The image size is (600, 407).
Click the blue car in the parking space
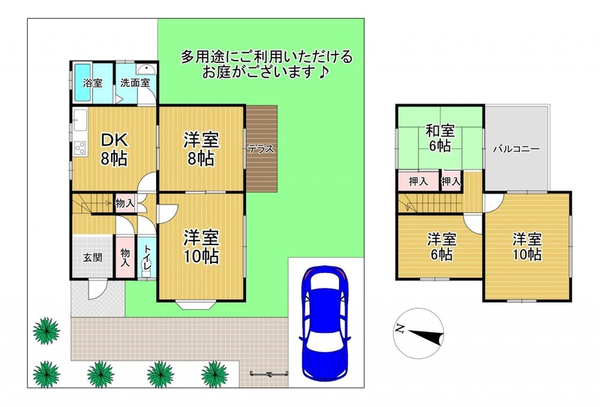[x=325, y=323]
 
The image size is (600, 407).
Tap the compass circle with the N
[x=418, y=334]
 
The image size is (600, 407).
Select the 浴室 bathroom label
[x=92, y=83]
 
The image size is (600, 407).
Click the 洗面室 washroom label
[x=135, y=83]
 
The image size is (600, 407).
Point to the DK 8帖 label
[x=114, y=149]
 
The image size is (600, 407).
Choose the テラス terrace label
[x=261, y=149]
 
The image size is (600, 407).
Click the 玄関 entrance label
[x=92, y=257]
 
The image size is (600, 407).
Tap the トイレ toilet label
[x=147, y=257]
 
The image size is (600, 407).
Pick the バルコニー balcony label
[x=516, y=149]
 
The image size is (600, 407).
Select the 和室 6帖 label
[x=440, y=138]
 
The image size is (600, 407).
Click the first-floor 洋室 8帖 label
[x=201, y=149]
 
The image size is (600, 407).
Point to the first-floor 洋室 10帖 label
[x=201, y=247]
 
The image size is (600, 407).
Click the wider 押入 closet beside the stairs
[x=418, y=181]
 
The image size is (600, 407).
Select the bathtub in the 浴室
[x=82, y=82]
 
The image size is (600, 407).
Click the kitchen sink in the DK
[x=80, y=120]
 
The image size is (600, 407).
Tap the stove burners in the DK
[x=80, y=148]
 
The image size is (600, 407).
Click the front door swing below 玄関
[x=97, y=289]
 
